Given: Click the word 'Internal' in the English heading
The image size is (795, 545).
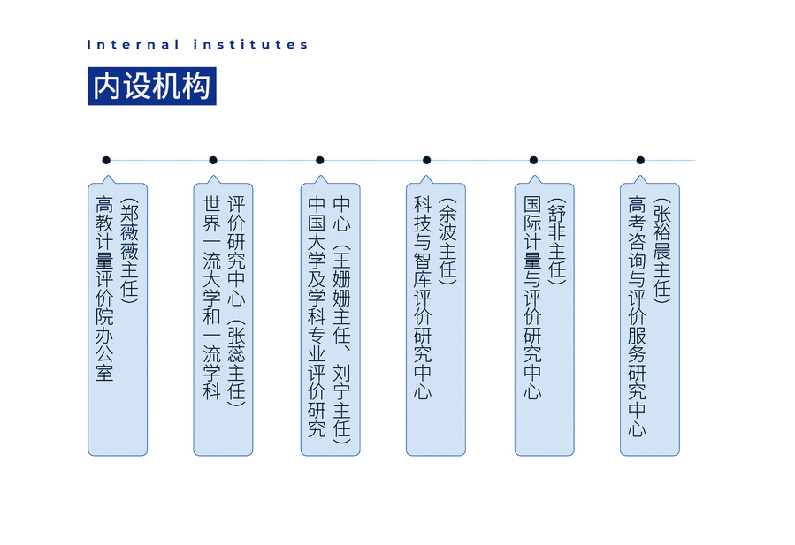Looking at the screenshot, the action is click(133, 44).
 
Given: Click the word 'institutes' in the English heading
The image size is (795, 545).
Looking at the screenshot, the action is click(250, 44).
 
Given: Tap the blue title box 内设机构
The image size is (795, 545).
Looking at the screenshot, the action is click(151, 86).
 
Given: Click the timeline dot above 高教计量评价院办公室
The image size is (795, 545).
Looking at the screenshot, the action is click(106, 160).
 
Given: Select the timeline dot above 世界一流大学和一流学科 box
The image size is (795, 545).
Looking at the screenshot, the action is click(213, 160).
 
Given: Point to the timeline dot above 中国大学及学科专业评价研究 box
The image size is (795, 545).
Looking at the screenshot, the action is click(320, 160).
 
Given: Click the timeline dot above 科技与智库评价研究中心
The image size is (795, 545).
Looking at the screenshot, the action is click(427, 160).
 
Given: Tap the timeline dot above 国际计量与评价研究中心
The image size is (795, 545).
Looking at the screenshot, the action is click(533, 160).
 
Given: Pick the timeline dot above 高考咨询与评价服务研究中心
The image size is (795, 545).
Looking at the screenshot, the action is click(640, 160).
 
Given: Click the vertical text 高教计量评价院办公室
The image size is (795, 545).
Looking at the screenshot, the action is click(104, 289).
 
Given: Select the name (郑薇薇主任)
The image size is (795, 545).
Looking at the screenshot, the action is click(129, 251).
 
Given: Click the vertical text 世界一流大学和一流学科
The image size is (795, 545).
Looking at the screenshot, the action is click(211, 299).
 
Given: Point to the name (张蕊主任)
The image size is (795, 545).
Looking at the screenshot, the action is click(236, 363).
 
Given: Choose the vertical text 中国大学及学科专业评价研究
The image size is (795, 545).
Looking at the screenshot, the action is click(317, 316).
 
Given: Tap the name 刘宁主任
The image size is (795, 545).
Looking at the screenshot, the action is click(341, 405).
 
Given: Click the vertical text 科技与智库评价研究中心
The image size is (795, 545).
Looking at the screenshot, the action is click(423, 299).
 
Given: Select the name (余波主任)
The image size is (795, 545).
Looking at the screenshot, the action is click(447, 241).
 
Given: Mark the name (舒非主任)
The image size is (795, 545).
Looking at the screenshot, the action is click(557, 241).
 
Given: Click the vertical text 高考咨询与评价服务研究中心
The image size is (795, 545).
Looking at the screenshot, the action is click(637, 316).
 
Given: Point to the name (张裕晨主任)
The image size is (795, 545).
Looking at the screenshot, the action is click(661, 251).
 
